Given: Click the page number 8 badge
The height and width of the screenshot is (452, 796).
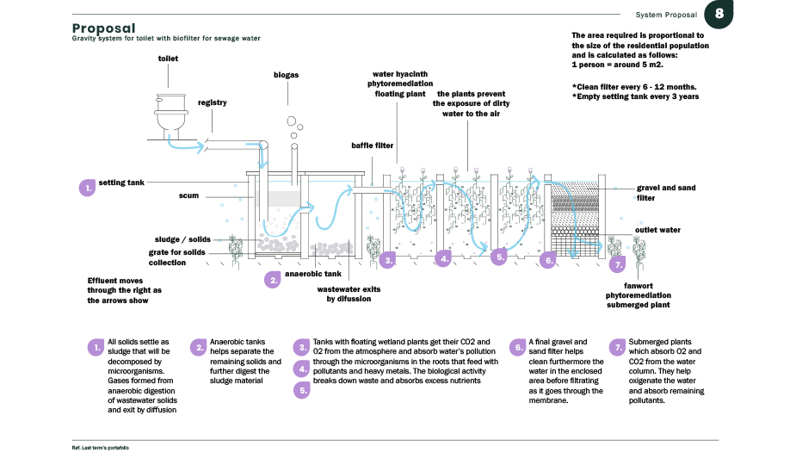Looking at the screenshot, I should [x=719, y=15].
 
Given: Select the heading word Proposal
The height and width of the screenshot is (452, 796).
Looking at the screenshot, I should [x=103, y=28].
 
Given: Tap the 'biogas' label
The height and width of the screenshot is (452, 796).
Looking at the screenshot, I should [x=286, y=75].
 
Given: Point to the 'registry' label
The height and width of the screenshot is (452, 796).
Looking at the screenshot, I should [x=212, y=102].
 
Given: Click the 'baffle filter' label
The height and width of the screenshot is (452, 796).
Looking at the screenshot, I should [x=372, y=146].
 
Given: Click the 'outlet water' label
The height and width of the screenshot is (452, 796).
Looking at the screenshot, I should [x=657, y=230].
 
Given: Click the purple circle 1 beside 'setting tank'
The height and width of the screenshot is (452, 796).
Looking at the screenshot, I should [x=86, y=187].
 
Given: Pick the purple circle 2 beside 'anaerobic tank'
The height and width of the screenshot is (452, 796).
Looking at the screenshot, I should [x=273, y=279].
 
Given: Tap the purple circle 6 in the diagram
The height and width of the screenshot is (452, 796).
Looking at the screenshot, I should [x=547, y=259].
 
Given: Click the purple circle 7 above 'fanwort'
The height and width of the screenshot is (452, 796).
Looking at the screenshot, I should [x=616, y=265].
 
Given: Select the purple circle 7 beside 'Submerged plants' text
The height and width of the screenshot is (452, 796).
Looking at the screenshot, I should [x=616, y=347].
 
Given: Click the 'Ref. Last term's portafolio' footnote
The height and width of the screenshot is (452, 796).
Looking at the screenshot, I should [x=100, y=448].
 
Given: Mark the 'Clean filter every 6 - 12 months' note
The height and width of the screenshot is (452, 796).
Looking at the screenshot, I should [x=633, y=87].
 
